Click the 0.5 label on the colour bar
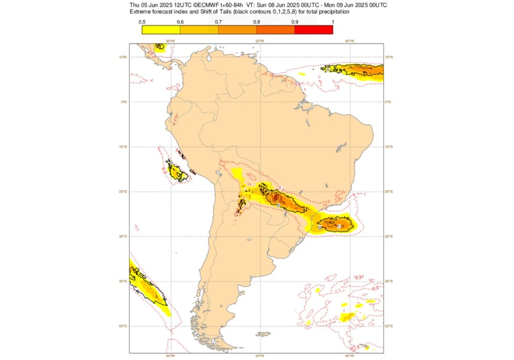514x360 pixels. (x=142, y=22)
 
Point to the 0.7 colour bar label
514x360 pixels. (x=218, y=22)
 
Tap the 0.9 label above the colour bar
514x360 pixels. (x=295, y=22)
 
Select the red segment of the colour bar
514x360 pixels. (x=314, y=30)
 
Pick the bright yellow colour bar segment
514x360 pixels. (x=161, y=30)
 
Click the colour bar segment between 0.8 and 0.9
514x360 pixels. (x=276, y=30)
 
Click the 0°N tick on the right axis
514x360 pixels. (x=389, y=102)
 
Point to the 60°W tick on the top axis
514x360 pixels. (x=260, y=41)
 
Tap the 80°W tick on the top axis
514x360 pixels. (x=170, y=41)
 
